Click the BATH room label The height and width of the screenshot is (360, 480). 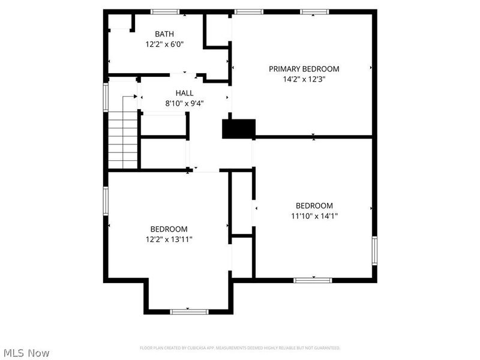[x=164, y=34]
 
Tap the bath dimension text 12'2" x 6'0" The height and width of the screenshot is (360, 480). [x=164, y=44]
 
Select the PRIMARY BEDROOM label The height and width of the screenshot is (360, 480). [x=304, y=69]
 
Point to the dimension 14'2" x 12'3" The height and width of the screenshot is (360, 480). [x=304, y=79]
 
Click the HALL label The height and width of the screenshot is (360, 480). [x=184, y=93]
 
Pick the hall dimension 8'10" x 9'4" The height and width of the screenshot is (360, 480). [x=184, y=103]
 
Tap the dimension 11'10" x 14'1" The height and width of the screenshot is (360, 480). [x=314, y=216]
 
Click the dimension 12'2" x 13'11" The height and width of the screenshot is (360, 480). [x=169, y=239]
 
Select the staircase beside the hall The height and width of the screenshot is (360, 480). [x=123, y=139]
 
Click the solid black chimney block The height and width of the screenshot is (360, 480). [x=239, y=129]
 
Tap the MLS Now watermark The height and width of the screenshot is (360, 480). [x=26, y=353]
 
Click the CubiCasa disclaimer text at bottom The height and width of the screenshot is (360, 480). [x=240, y=348]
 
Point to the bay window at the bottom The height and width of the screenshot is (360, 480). [x=188, y=311]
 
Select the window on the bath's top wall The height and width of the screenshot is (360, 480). [x=165, y=11]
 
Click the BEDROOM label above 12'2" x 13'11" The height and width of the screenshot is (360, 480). [x=169, y=229]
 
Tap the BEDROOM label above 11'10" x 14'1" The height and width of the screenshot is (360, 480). [x=314, y=206]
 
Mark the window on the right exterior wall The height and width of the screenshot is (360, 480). [x=374, y=250]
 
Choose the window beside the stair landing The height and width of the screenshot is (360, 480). [x=106, y=97]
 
